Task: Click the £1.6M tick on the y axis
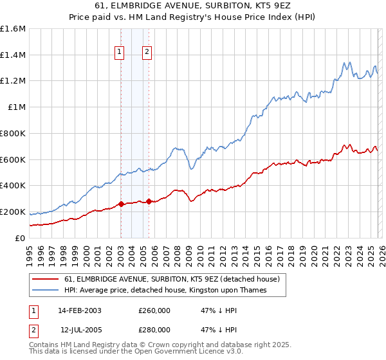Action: pos(13,29)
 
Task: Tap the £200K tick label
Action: pos(13,212)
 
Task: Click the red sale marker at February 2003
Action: pos(121,204)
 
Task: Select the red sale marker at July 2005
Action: pos(149,201)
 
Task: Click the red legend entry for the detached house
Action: pos(171,280)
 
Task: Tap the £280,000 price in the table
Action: pos(154,329)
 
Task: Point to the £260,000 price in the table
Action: pos(154,310)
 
